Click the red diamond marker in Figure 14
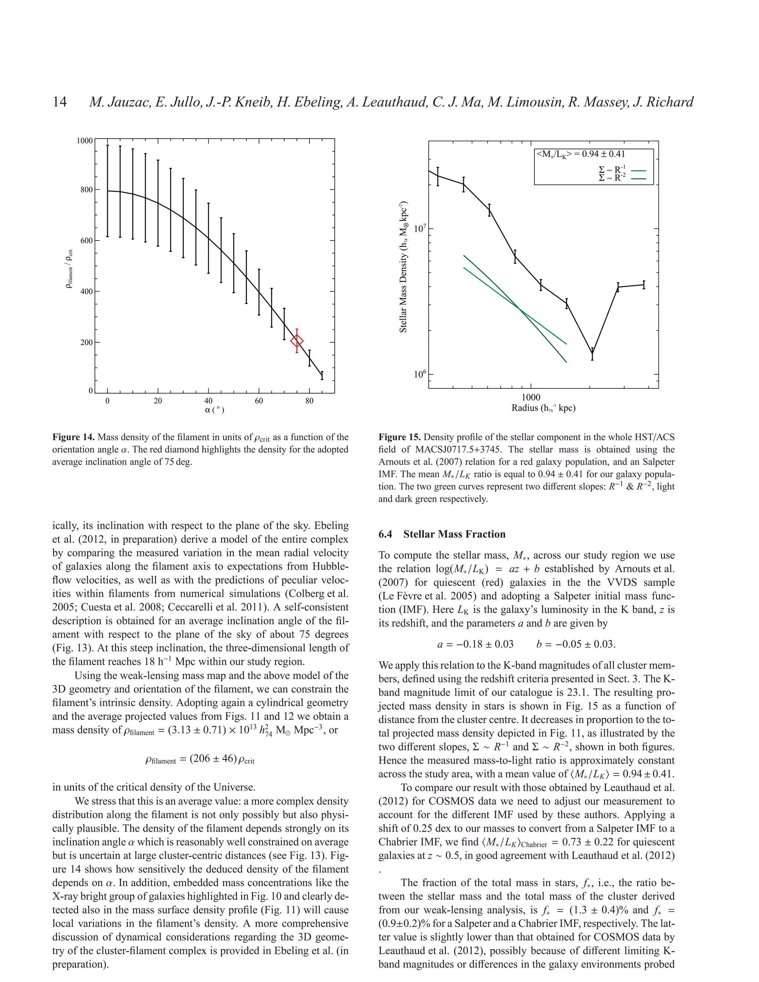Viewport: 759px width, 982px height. (297, 341)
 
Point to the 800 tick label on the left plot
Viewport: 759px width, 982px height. (86, 190)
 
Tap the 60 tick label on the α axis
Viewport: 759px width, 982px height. (259, 401)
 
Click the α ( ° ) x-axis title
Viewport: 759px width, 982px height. (215, 410)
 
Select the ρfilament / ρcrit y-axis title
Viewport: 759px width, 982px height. (69, 269)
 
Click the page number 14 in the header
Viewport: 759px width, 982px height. (60, 102)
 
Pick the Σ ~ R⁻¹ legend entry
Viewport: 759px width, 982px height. (612, 170)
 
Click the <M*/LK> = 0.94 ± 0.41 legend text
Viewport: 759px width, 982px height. (580, 154)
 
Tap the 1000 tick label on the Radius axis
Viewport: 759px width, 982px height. (531, 397)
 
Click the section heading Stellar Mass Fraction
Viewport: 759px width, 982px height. (454, 534)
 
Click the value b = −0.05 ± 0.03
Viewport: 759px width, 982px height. (576, 644)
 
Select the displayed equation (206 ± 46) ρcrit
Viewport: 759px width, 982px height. (200, 759)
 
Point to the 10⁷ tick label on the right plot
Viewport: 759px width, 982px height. (420, 228)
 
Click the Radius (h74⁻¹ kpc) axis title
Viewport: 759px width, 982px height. (543, 408)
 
